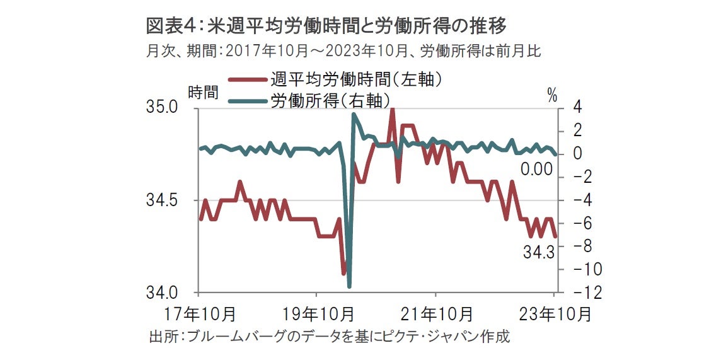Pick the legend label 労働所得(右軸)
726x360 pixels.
pyautogui.click(x=329, y=99)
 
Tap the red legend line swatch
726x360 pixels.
pyautogui.click(x=248, y=80)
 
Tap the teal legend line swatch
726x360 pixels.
pyautogui.click(x=248, y=100)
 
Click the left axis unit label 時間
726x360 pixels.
pyautogui.click(x=203, y=92)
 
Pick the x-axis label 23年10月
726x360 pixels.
pyautogui.click(x=555, y=313)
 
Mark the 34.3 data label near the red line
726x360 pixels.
pyautogui.click(x=538, y=253)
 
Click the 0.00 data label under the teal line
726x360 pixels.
pyautogui.click(x=536, y=169)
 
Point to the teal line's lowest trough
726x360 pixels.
pyautogui.click(x=349, y=286)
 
